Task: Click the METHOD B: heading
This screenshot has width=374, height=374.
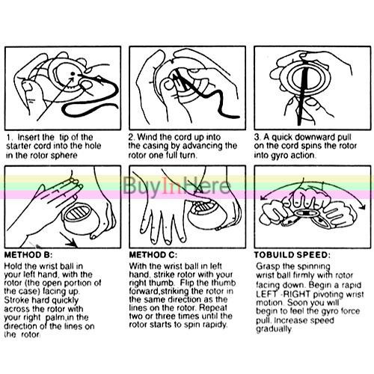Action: (x=28, y=255)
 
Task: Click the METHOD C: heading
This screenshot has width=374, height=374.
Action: (x=153, y=255)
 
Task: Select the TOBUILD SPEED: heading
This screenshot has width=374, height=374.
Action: (x=292, y=255)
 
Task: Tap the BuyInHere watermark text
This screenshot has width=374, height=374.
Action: (x=177, y=186)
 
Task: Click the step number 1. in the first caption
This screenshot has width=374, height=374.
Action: (x=10, y=138)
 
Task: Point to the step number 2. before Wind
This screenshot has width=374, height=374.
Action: (x=132, y=137)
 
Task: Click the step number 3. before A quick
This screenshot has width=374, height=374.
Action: (x=257, y=137)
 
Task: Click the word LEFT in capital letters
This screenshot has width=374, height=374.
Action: (x=266, y=294)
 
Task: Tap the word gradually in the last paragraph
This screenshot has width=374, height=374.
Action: (x=274, y=329)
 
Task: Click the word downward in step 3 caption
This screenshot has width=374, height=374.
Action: (x=304, y=137)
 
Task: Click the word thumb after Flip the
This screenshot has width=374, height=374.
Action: (x=224, y=283)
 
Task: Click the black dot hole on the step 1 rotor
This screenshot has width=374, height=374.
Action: (x=73, y=73)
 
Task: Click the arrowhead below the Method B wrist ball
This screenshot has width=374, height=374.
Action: (x=73, y=242)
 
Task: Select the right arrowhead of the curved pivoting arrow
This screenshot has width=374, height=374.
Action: (x=363, y=206)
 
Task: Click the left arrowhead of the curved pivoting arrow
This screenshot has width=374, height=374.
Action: (x=263, y=197)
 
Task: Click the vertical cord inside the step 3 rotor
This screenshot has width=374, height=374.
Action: (x=303, y=93)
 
